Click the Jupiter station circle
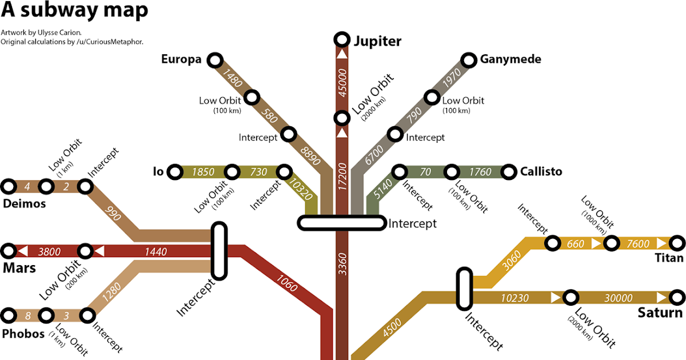coord(342,39)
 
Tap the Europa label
coord(181,59)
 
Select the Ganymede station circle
coord(469,59)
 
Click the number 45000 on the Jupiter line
coord(342,83)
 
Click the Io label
coord(158,171)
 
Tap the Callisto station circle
coord(508,171)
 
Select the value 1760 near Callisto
coord(480,171)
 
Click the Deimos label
coord(24,203)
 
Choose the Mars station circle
coord(9,250)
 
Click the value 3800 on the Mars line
coord(49,251)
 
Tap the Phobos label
coord(23,334)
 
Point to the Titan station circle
coord(677,243)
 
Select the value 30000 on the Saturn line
coord(619,298)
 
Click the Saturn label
coord(660,313)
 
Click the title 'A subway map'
coord(74,10)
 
